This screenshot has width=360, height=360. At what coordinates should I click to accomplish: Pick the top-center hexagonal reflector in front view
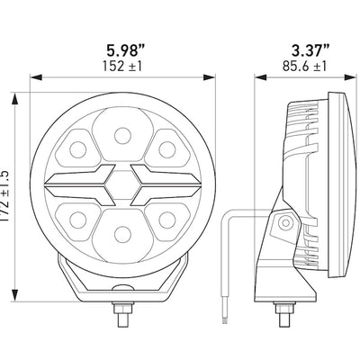tap(120, 136)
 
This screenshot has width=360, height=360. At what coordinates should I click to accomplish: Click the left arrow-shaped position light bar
tap(81, 183)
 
